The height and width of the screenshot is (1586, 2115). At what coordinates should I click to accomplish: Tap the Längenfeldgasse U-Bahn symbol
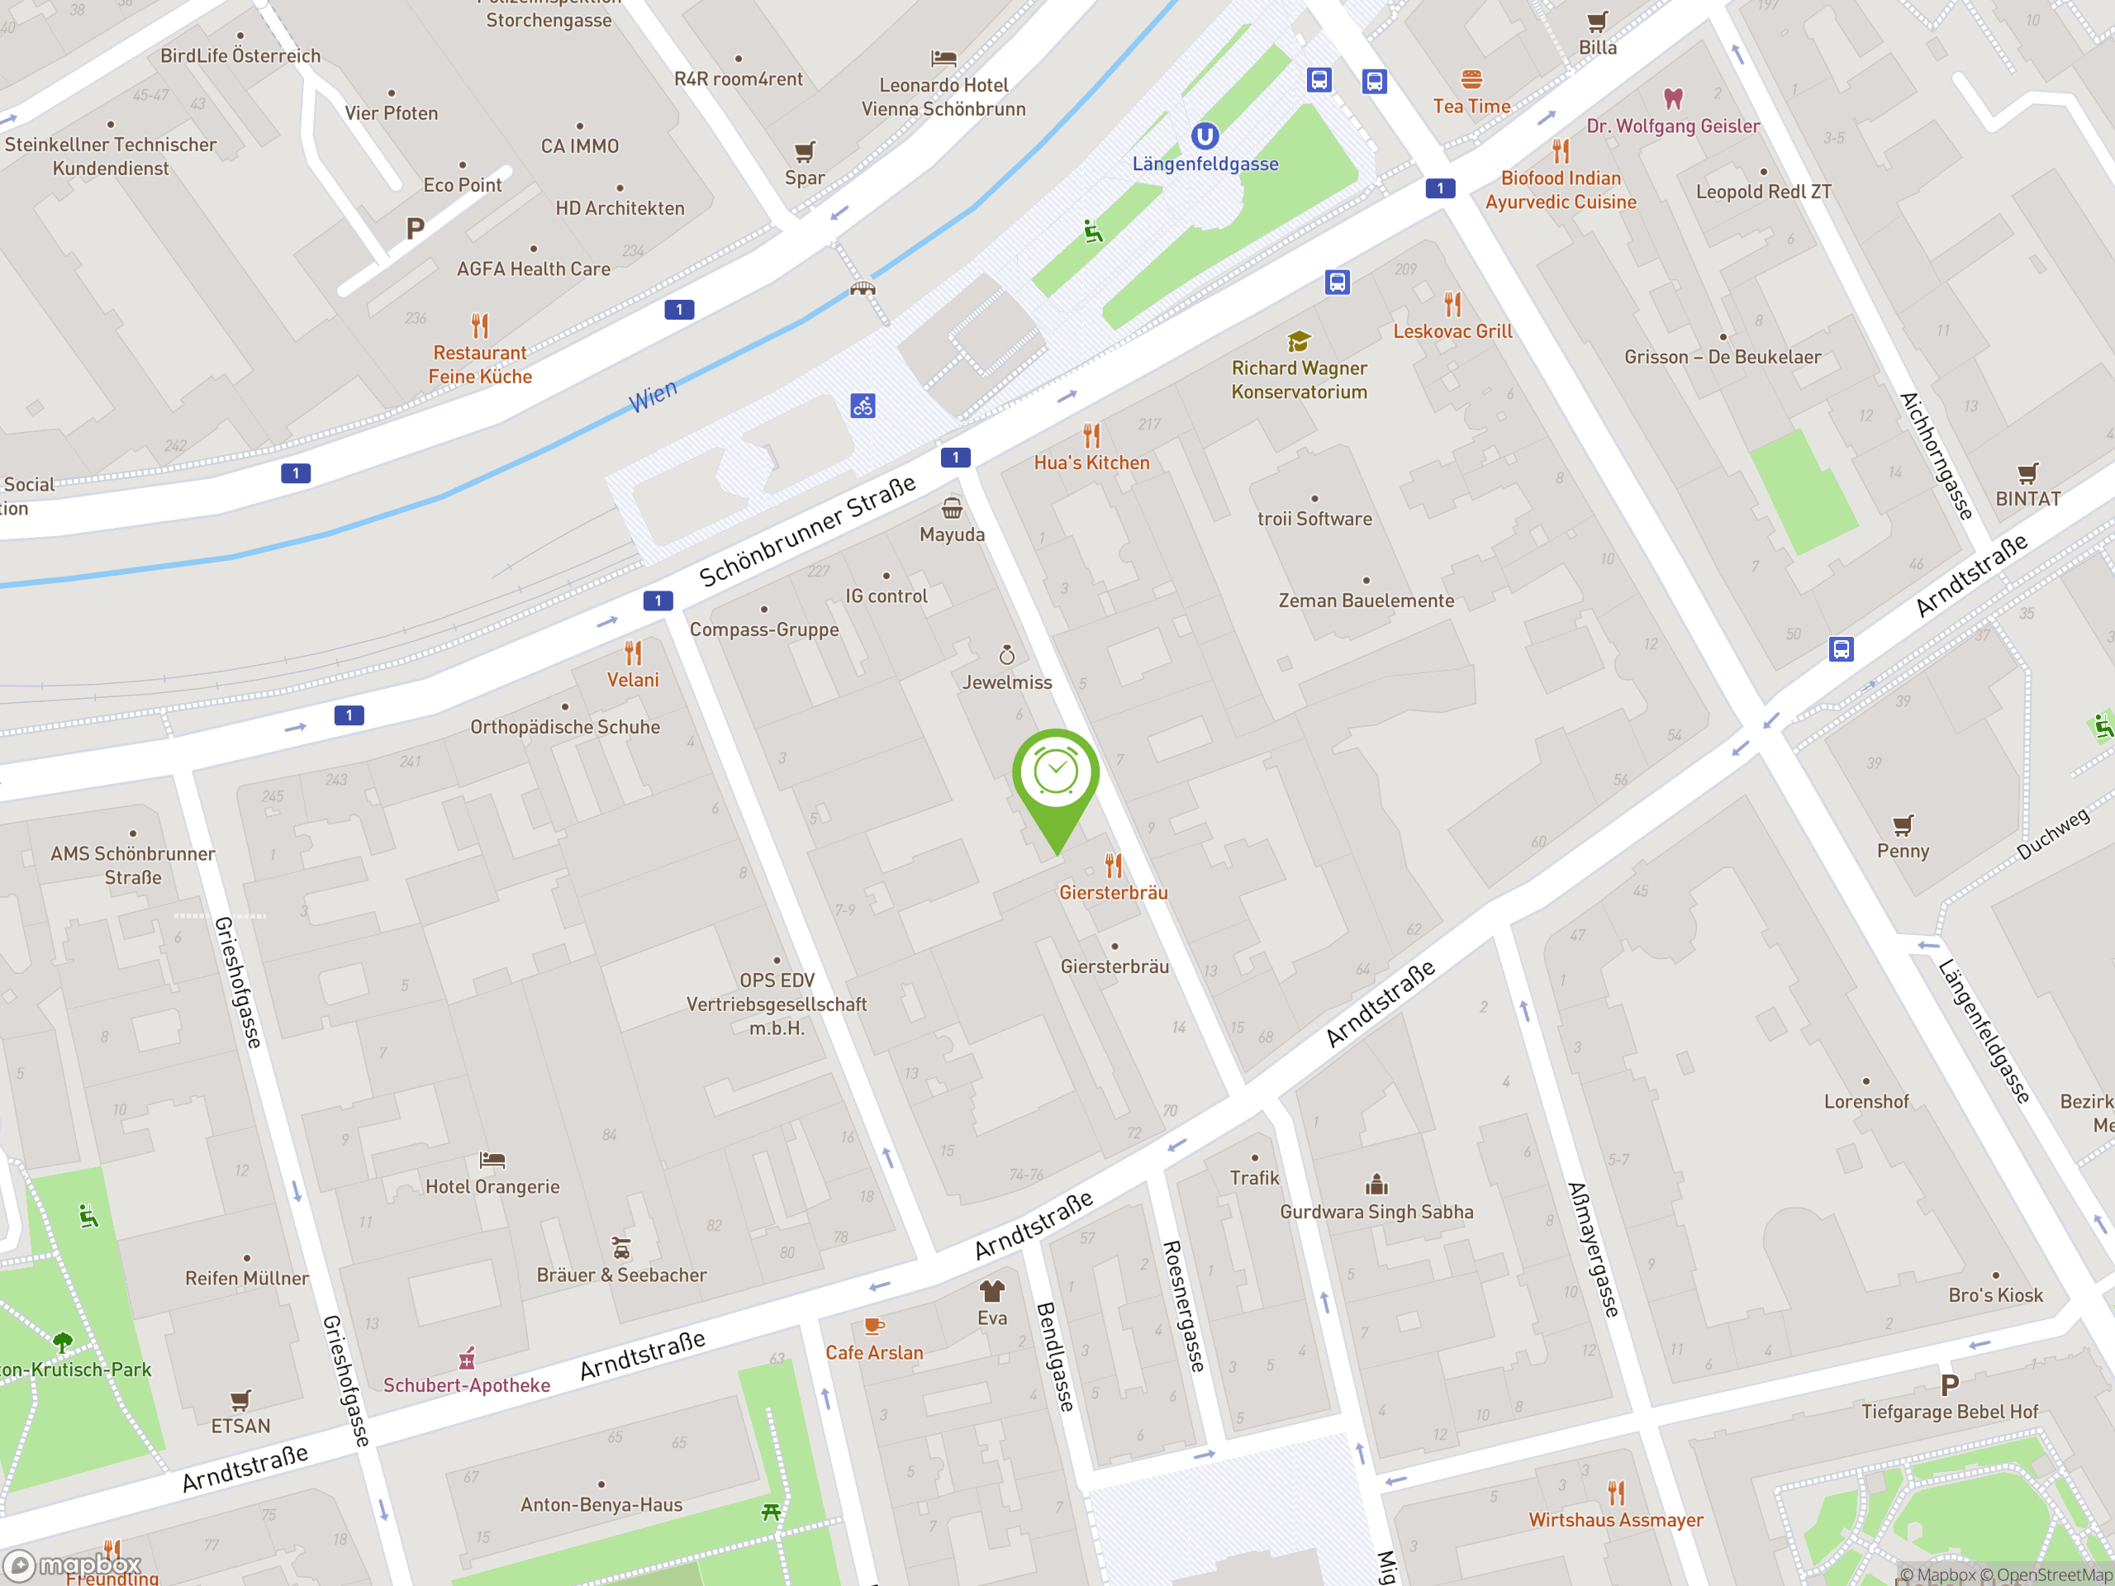tap(1205, 135)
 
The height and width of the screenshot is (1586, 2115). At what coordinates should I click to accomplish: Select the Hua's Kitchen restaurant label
tap(1091, 463)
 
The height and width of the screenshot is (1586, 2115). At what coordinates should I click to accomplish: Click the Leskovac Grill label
tap(1452, 332)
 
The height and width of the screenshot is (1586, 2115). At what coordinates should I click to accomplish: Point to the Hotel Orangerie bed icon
tap(492, 1160)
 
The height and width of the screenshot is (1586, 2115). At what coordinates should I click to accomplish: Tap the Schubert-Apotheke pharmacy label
tap(467, 1385)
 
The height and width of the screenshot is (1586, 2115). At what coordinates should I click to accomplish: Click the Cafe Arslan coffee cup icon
tap(874, 1325)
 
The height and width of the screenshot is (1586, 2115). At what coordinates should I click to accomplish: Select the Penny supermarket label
tap(1903, 851)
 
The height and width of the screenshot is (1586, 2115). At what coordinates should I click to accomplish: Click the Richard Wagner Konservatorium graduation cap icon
tap(1299, 341)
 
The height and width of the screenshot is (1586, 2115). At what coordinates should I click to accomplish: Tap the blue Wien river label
tap(653, 395)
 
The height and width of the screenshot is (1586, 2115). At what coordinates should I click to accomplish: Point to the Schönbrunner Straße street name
tap(807, 531)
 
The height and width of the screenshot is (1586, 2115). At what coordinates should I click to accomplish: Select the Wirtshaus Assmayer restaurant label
tap(1615, 1520)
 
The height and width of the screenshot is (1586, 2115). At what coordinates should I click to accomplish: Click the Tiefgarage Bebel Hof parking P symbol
tap(1950, 1384)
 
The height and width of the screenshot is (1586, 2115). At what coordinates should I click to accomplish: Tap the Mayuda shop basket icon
tap(953, 508)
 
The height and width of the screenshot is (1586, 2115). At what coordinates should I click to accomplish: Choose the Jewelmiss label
tap(1007, 682)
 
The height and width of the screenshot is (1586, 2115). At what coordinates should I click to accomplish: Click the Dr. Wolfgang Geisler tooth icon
tap(1673, 98)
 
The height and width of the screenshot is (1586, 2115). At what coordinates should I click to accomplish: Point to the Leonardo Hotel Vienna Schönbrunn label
tap(943, 97)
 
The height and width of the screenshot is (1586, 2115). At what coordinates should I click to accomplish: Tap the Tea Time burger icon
tap(1471, 78)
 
